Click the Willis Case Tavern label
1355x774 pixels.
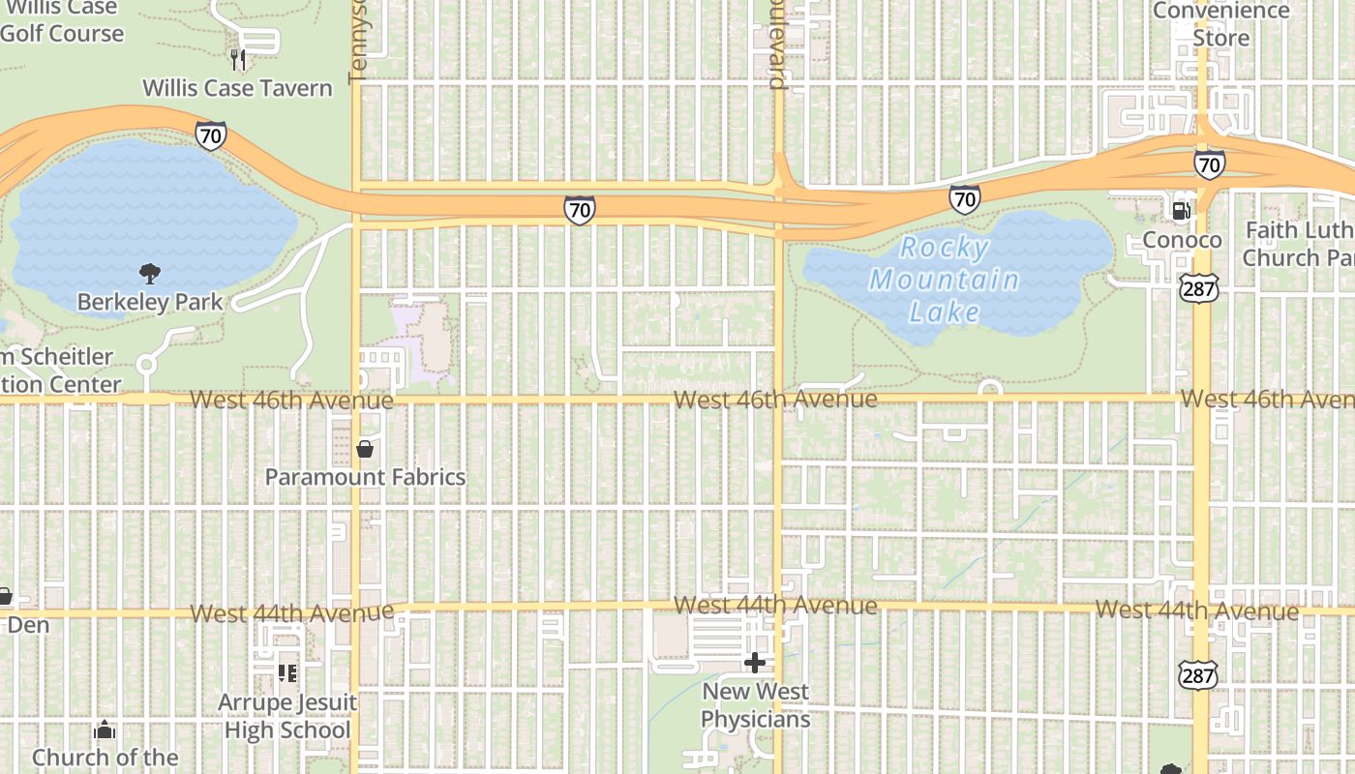pyautogui.click(x=237, y=88)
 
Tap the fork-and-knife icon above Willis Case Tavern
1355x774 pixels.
pyautogui.click(x=238, y=59)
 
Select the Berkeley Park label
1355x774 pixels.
pyautogui.click(x=150, y=302)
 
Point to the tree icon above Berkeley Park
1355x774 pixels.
pyautogui.click(x=150, y=273)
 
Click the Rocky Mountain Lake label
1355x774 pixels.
pyautogui.click(x=945, y=280)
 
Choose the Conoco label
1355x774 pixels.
pyautogui.click(x=1182, y=239)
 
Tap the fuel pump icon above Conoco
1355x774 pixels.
pyautogui.click(x=1181, y=210)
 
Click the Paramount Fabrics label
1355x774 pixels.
pyautogui.click(x=365, y=477)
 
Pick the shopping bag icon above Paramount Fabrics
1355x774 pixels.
pyautogui.click(x=365, y=449)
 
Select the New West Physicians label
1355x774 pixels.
pyautogui.click(x=756, y=705)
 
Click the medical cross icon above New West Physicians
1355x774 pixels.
pyautogui.click(x=755, y=663)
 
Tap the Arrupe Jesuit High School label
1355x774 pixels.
pyautogui.click(x=287, y=716)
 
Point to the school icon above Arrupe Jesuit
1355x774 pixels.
pyautogui.click(x=287, y=671)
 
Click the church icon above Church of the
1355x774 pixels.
pyautogui.click(x=105, y=729)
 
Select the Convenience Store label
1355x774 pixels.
pyautogui.click(x=1220, y=24)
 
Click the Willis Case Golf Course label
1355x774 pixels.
pyautogui.click(x=62, y=21)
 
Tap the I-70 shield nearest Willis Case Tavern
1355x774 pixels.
pyautogui.click(x=210, y=135)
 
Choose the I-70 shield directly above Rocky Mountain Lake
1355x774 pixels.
pyautogui.click(x=964, y=199)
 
